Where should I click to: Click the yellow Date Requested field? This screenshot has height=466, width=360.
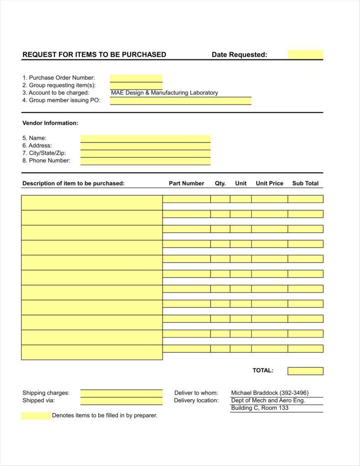coord(305,54)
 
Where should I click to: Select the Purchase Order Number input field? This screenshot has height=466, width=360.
coord(136,78)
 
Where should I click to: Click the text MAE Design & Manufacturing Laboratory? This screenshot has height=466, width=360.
coord(164,93)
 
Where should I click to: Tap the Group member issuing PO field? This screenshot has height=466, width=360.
coord(180,101)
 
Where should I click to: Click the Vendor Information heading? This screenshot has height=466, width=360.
coord(50,123)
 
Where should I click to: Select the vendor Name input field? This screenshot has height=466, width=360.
coord(145,138)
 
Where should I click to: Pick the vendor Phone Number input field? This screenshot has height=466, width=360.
coord(145,161)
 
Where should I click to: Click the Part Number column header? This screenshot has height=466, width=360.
coord(186,183)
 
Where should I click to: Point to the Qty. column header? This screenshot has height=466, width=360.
coord(220,183)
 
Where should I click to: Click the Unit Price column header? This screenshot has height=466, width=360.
coord(270,183)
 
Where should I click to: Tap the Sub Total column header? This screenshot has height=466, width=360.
coord(305,183)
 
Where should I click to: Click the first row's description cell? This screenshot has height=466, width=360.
coord(92,203)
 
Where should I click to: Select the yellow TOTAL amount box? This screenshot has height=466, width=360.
coord(305,371)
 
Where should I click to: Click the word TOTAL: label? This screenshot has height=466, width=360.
coord(263,370)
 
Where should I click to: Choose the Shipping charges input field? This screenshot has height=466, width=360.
coord(121,393)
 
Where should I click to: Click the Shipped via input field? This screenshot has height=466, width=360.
coord(121,401)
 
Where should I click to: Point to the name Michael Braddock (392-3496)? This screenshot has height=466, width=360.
coord(270,393)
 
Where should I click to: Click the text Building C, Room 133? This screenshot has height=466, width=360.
coord(259,408)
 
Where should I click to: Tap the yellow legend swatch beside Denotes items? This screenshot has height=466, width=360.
coord(36,416)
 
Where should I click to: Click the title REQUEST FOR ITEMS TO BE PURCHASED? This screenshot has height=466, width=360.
coord(94,54)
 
